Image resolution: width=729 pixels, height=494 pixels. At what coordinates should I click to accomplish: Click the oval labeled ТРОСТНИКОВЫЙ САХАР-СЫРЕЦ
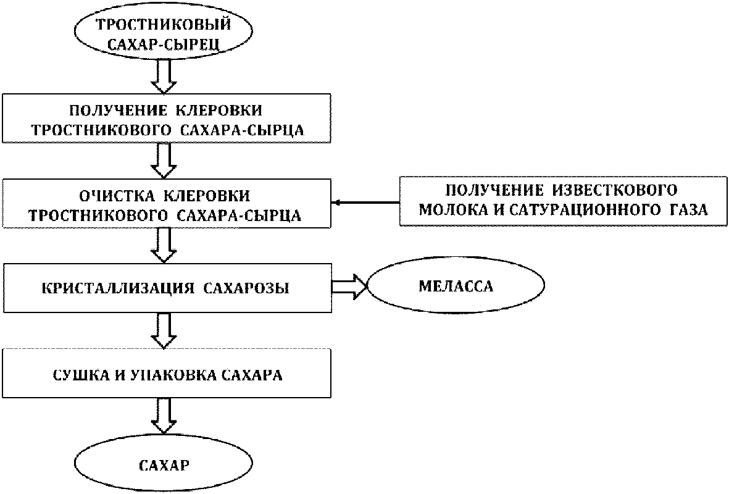pyautogui.click(x=164, y=31)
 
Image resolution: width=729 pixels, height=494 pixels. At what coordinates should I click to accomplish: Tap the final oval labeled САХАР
pyautogui.click(x=164, y=464)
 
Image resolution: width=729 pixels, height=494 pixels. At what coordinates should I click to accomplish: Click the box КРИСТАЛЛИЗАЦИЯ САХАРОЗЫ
pyautogui.click(x=167, y=288)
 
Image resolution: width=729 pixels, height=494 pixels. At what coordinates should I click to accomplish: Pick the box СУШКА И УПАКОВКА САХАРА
pyautogui.click(x=167, y=374)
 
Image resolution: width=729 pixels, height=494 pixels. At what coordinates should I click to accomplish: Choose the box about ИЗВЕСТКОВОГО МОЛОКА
pyautogui.click(x=563, y=201)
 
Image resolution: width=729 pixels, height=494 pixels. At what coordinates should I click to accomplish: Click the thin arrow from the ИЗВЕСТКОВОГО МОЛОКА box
pyautogui.click(x=365, y=203)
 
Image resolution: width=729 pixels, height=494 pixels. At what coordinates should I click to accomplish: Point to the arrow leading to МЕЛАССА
pyautogui.click(x=349, y=286)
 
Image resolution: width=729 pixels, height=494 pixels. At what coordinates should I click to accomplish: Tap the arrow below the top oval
pyautogui.click(x=164, y=77)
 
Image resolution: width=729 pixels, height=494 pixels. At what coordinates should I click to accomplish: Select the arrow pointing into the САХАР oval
pyautogui.click(x=164, y=417)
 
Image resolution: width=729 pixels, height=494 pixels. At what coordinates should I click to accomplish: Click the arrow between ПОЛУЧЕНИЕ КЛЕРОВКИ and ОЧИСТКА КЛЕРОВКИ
pyautogui.click(x=164, y=160)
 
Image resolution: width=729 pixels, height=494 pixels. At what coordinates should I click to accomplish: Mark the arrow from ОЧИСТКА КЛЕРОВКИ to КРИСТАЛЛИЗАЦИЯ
pyautogui.click(x=164, y=245)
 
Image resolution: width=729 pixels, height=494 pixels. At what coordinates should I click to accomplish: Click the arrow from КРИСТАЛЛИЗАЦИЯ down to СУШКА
pyautogui.click(x=164, y=330)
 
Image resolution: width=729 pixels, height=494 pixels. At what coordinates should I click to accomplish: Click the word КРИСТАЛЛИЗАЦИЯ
pyautogui.click(x=117, y=288)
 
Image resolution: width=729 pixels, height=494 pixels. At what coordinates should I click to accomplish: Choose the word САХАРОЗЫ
pyautogui.click(x=246, y=288)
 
